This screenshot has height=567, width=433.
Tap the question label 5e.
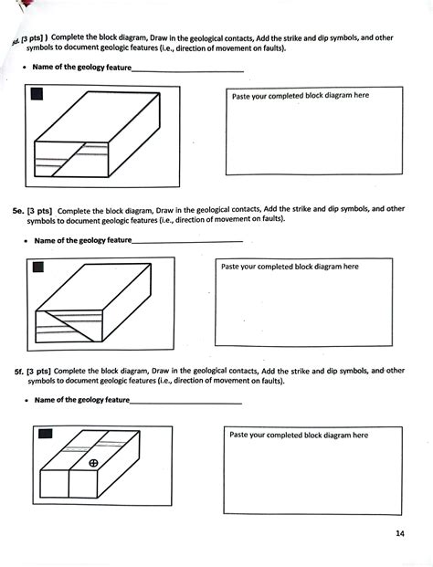pos(18,209)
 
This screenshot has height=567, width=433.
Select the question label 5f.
pos(18,371)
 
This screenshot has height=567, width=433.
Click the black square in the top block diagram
pos(37,94)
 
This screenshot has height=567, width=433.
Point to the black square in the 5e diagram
pos(38,268)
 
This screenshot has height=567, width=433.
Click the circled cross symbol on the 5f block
pos(93,464)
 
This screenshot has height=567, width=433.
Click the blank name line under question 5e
pos(187,241)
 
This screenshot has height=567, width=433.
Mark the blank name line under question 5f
pos(186,402)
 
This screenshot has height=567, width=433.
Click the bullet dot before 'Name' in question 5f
pos(24,401)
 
